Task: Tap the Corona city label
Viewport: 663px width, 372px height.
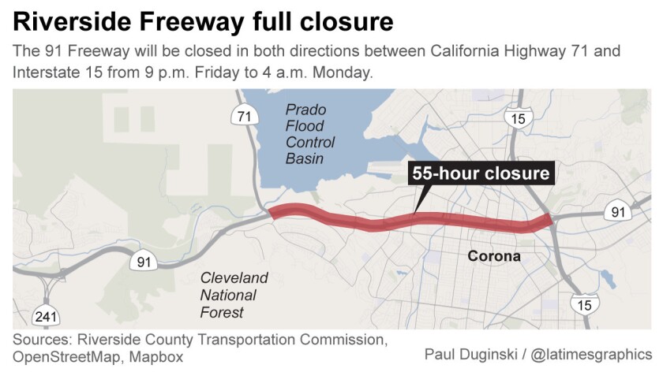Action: click(494, 256)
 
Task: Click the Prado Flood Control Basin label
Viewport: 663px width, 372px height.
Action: click(309, 135)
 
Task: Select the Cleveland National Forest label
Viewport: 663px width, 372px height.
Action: click(234, 296)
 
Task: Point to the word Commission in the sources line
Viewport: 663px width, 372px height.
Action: click(343, 340)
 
